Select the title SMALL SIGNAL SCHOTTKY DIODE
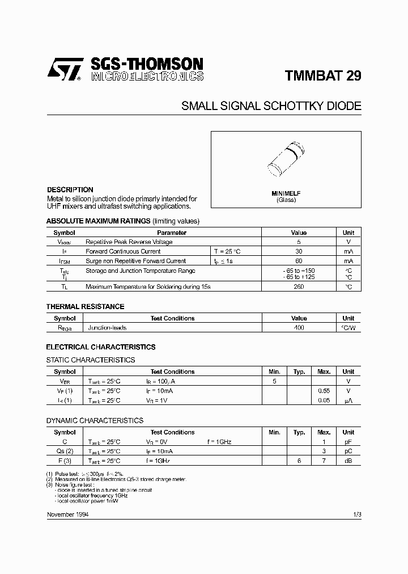271,106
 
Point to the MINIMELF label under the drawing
286,193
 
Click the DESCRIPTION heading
70,190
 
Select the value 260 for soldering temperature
299,287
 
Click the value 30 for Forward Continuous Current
299,251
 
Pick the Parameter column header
171,233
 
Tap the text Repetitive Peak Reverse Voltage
129,242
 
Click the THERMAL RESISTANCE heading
85,307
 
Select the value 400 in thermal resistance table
299,328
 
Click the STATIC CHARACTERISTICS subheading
90,360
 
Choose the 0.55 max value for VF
324,391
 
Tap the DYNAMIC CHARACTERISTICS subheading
94,421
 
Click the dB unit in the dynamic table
348,461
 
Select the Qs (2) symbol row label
64,451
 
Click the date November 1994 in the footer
67,514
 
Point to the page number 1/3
356,514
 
